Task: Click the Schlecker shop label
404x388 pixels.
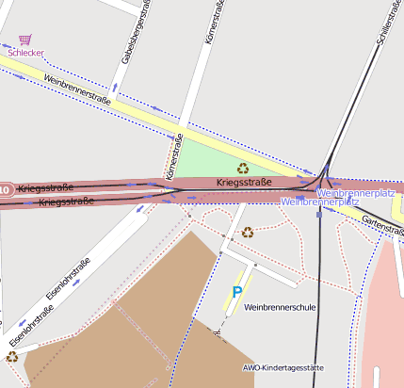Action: [x=25, y=53]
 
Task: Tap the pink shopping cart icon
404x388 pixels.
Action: [x=24, y=40]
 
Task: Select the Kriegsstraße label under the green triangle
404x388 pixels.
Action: [x=243, y=182]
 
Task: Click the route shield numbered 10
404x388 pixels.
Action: [x=5, y=190]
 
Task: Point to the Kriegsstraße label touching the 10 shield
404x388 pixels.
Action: [x=44, y=189]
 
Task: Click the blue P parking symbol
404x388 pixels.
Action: [x=237, y=293]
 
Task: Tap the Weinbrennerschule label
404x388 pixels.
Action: [x=279, y=308]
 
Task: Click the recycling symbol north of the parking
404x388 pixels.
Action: [x=248, y=232]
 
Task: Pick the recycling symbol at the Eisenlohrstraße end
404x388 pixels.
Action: [x=12, y=357]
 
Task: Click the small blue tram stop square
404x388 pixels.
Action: [x=319, y=214]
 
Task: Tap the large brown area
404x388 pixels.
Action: [x=122, y=320]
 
